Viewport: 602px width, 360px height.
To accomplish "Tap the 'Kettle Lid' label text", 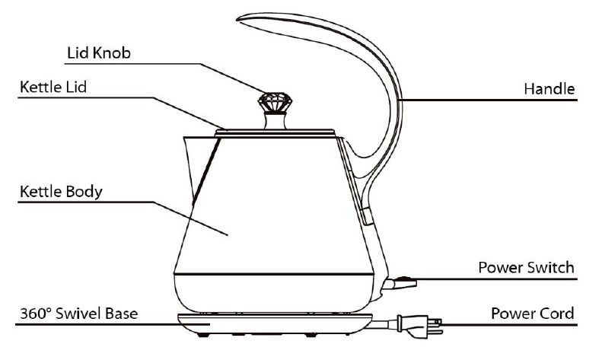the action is coord(53,87).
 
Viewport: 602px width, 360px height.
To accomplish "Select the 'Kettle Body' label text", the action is coord(60,191).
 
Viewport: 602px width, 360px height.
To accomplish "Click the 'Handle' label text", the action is coord(548,89).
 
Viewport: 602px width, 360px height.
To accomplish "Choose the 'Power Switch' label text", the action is coord(525,269).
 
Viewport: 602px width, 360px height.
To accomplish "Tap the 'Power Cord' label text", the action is coord(532,313).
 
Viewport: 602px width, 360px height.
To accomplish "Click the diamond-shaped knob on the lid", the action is coord(274,102).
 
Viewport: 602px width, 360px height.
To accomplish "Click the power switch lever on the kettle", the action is coord(403,285).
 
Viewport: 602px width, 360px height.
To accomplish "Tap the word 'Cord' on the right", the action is coord(557,313).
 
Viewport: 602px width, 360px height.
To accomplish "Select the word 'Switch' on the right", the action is coord(551,269).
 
